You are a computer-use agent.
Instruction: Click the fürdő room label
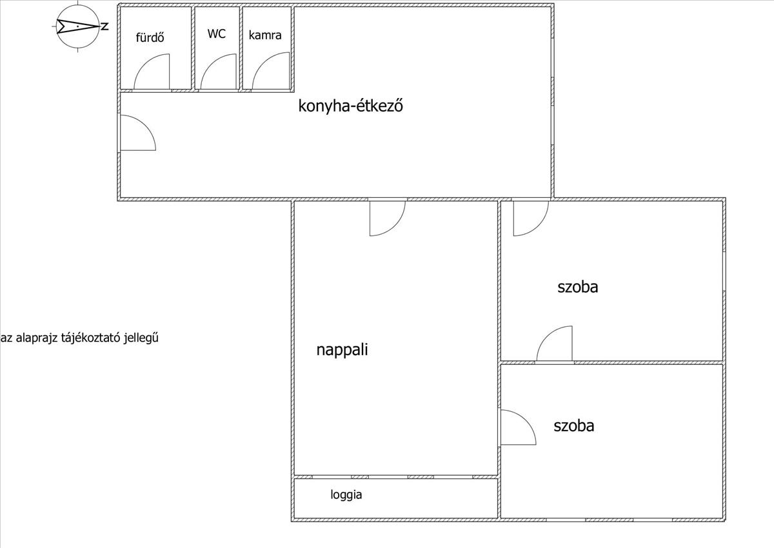click(150, 37)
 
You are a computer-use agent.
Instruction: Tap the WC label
click(217, 34)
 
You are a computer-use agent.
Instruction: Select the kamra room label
click(265, 35)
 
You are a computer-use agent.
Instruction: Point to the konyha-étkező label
click(350, 106)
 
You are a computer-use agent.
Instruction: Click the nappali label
click(342, 350)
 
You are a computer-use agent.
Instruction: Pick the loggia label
click(346, 495)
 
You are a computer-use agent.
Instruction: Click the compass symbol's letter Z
click(104, 26)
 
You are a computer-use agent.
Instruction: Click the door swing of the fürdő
click(152, 72)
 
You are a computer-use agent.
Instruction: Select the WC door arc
click(219, 72)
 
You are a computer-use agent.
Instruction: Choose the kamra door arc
click(271, 72)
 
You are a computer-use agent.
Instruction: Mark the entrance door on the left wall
click(137, 133)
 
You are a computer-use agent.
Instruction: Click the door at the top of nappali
click(387, 217)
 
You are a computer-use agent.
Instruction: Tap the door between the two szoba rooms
click(555, 344)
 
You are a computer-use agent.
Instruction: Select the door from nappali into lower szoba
click(517, 427)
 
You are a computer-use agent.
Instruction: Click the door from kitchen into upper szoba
click(530, 217)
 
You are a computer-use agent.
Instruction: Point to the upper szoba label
click(577, 287)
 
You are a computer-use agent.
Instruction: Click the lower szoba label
click(573, 426)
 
